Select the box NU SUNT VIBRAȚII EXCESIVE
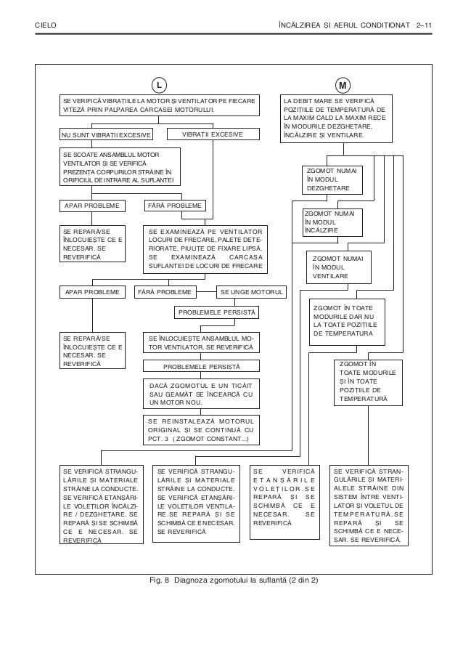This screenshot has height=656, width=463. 106,134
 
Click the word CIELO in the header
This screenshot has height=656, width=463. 46,26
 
